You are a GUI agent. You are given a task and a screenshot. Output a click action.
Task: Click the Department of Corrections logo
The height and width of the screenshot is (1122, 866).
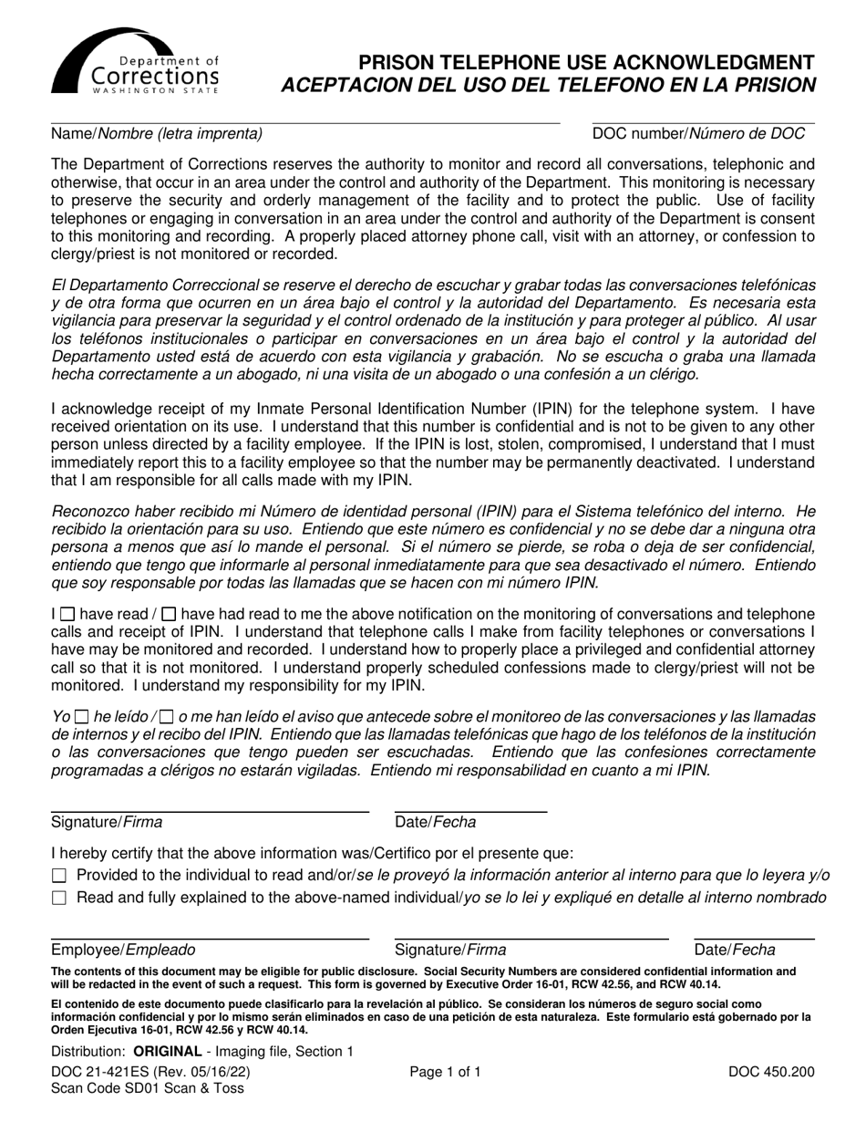[135, 61]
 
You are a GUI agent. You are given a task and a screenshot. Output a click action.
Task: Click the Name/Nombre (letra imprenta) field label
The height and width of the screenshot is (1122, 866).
[157, 134]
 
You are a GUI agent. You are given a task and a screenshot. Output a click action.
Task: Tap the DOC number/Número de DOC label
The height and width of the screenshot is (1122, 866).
[698, 134]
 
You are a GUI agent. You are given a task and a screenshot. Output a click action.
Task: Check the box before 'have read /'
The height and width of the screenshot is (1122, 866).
[68, 615]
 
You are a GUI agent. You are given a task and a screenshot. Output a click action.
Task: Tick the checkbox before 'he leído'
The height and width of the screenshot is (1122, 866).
[81, 718]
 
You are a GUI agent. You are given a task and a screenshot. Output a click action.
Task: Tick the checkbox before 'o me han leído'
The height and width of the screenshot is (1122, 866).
[166, 718]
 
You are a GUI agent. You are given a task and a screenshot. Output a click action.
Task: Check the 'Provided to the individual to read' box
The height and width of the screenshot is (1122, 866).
[60, 876]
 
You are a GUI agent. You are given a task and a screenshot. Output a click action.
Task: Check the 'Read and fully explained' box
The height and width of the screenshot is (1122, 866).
[60, 899]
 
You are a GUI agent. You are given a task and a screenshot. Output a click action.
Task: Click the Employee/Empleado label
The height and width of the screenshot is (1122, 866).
[123, 951]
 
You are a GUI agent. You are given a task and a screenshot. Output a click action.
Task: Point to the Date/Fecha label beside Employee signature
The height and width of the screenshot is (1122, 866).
[735, 951]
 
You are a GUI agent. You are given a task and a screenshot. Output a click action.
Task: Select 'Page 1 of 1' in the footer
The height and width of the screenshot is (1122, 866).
[445, 1073]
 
